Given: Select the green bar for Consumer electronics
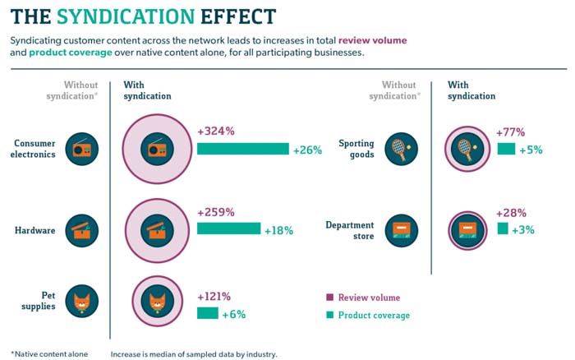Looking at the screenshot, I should (243, 149).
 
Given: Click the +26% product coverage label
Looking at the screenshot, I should (307, 150).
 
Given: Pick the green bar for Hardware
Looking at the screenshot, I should (228, 228).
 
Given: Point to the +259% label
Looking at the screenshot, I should (216, 212).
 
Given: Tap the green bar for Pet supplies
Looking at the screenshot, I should (208, 313).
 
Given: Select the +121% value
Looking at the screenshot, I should (214, 297).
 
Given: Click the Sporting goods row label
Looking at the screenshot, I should (356, 149).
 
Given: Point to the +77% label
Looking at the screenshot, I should (511, 132).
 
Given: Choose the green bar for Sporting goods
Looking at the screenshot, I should (506, 149).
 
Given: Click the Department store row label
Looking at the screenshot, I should (350, 230).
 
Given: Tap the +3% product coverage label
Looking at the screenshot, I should (523, 229).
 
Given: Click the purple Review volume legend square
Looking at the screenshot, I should (329, 298).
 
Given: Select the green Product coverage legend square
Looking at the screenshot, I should (329, 315).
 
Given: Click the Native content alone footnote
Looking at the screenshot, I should (48, 354).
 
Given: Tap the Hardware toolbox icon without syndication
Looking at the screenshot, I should (81, 229).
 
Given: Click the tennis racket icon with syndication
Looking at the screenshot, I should (465, 149).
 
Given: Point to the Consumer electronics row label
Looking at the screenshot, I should (34, 149).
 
